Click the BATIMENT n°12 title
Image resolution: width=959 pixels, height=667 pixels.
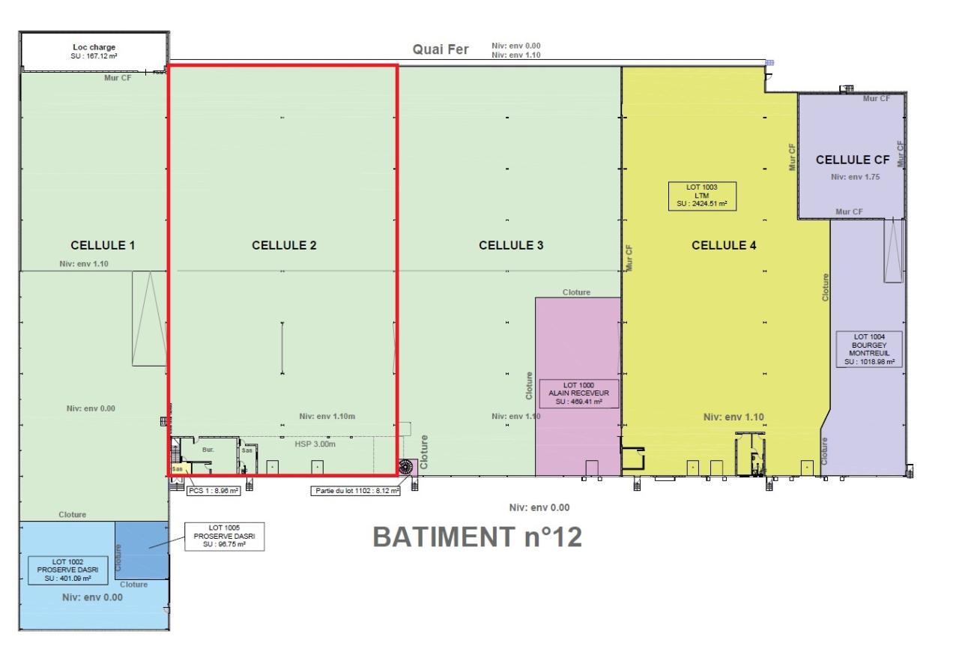pos(477,537)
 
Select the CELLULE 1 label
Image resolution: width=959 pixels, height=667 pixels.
pos(103,245)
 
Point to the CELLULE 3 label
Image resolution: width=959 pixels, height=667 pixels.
pos(511,245)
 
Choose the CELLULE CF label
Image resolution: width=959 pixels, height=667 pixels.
pos(853,160)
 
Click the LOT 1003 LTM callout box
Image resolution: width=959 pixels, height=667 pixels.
pos(702,195)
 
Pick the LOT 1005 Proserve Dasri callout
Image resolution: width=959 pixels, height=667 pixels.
pos(224,536)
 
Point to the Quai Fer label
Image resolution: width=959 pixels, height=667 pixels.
pos(441,49)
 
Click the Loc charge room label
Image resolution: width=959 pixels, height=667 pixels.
pos(94,51)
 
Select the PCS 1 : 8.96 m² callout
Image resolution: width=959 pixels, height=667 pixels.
pos(214,491)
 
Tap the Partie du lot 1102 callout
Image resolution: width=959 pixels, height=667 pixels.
pos(355,491)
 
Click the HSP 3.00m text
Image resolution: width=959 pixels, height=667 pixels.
pos(315,444)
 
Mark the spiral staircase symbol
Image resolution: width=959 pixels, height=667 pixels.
pos(408,467)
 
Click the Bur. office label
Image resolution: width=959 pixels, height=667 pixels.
pos(208,450)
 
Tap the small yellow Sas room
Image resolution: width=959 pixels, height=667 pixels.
pos(177,469)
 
